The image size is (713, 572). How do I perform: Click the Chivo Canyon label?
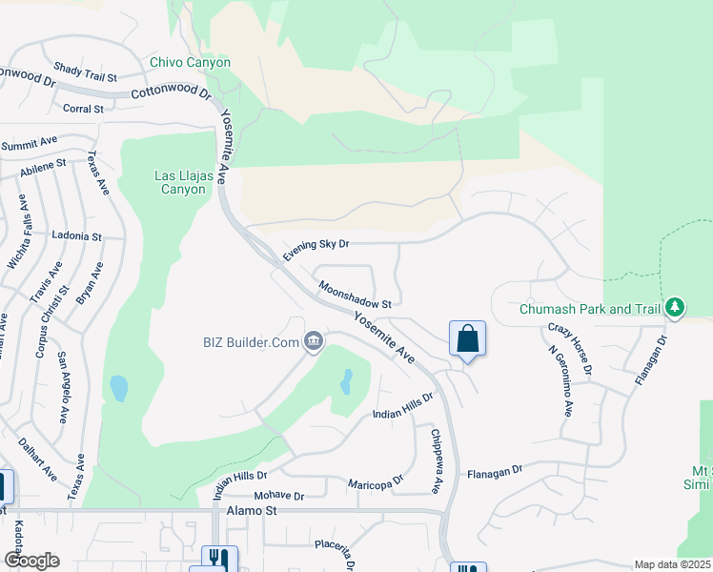click(191, 63)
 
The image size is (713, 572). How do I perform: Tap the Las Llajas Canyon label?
click(181, 182)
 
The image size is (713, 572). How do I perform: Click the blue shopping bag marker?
click(467, 339)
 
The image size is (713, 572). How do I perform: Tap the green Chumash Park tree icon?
click(675, 307)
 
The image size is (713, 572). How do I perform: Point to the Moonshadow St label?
click(356, 295)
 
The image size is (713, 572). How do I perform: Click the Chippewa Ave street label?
click(436, 461)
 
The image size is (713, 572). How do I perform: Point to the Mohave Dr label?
click(278, 496)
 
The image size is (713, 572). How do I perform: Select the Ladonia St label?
click(76, 235)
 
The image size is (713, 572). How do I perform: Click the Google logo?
click(31, 561)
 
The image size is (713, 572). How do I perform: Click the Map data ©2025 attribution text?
click(672, 565)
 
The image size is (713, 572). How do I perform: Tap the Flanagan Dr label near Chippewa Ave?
click(495, 471)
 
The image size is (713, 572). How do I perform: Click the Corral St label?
click(83, 109)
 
